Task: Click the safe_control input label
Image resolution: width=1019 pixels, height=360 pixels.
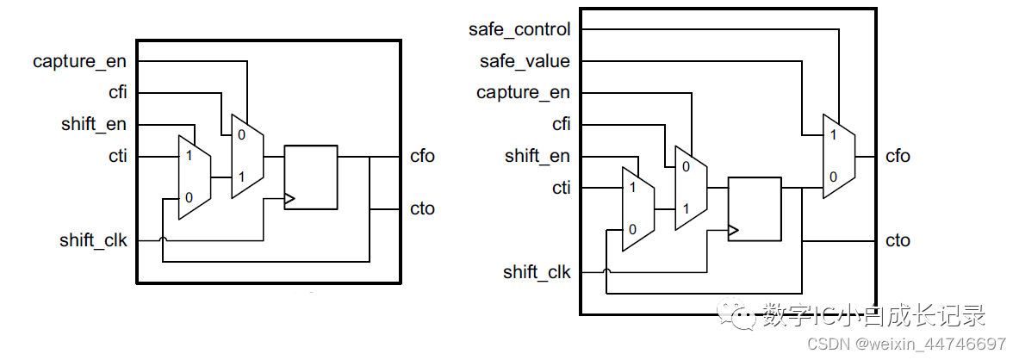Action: pos(519,29)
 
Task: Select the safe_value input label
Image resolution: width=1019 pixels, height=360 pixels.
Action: pos(525,61)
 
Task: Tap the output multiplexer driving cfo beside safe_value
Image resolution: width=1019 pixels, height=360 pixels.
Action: pos(838,156)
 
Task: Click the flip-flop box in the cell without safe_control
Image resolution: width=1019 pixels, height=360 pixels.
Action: pos(310,177)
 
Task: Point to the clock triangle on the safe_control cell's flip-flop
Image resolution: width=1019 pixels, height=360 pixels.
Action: pos(733,231)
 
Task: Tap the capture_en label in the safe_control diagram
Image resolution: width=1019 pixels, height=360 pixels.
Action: pos(523,92)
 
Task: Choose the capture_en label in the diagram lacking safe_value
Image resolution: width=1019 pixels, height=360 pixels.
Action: pos(79,61)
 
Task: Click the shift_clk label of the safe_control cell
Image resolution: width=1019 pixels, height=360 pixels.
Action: pos(536,272)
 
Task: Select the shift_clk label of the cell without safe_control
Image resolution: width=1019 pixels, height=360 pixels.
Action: pos(93,240)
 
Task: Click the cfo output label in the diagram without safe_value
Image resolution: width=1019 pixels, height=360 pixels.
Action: pos(422,156)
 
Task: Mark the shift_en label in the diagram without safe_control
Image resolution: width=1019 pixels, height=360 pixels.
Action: pos(93,124)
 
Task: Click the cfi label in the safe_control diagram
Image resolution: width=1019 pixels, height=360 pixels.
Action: pos(561,124)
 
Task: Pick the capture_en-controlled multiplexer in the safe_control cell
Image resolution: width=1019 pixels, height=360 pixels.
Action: pos(691,188)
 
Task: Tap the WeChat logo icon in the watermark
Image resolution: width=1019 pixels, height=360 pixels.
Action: pos(738,315)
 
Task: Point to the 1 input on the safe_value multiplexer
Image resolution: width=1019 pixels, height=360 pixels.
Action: pos(831,135)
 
